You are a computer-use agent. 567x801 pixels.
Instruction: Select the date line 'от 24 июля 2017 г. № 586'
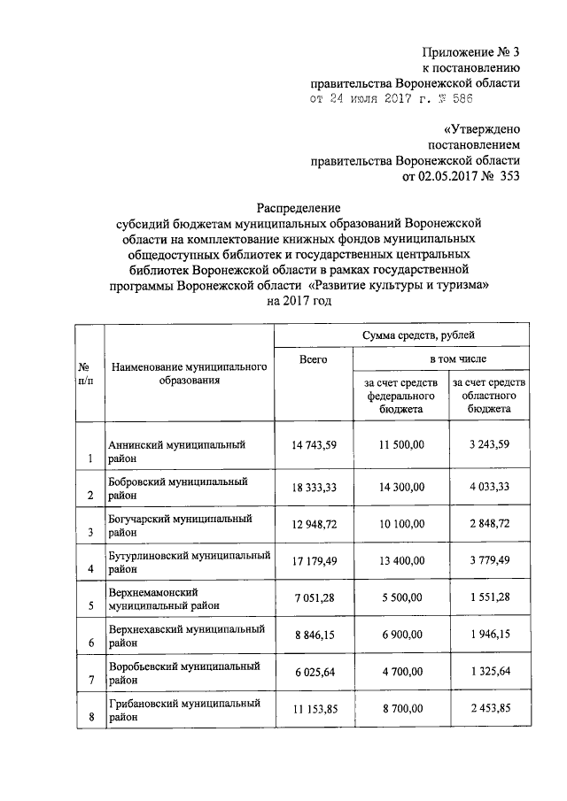(x=413, y=101)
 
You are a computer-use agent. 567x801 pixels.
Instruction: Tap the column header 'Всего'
(x=313, y=359)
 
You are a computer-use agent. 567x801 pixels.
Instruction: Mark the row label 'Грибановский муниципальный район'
(x=184, y=710)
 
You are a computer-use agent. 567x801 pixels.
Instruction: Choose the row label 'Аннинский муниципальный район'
(x=176, y=451)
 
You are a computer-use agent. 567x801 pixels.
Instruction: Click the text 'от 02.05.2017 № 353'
(x=461, y=176)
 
